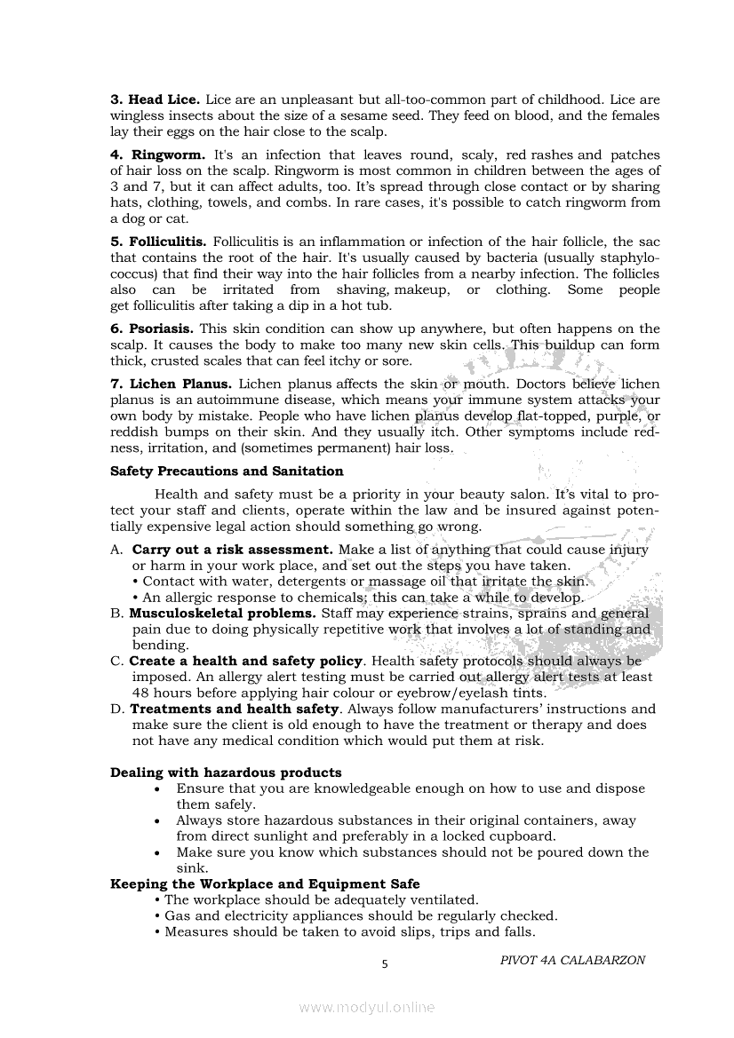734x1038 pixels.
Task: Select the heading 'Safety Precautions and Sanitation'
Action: pos(227,471)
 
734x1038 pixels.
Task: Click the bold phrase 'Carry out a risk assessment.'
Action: pos(233,550)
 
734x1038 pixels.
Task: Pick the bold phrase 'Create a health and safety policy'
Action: pos(246,661)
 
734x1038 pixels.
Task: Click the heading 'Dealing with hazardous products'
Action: pos(226,773)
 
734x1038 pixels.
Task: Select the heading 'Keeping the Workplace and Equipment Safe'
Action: pos(265,884)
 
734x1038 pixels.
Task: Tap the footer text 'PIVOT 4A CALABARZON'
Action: pos(572,960)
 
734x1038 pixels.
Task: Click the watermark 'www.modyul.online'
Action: pos(367,1007)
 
